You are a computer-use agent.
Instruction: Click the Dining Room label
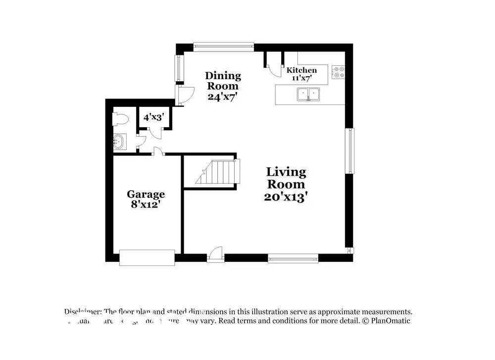[x=223, y=81]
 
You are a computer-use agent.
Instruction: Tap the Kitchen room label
[x=301, y=70]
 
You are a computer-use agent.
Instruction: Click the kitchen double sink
[x=308, y=94]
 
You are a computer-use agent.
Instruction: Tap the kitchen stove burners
[x=338, y=72]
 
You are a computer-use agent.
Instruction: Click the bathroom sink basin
[x=119, y=143]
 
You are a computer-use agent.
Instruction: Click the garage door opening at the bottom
[x=147, y=257]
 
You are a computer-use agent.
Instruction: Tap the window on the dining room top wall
[x=223, y=47]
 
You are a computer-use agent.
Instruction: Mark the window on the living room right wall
[x=350, y=151]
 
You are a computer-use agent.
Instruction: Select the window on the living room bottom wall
[x=293, y=258]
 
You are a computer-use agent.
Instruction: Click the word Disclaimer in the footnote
[x=83, y=311]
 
